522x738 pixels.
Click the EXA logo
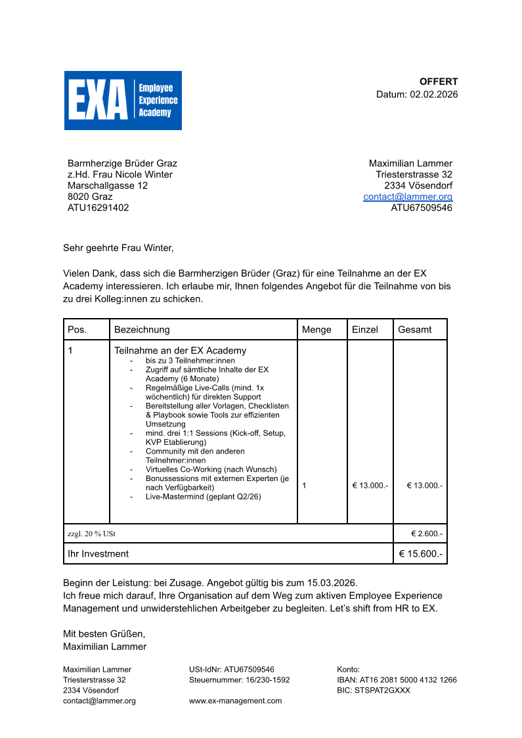[123, 101]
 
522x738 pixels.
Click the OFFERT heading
[439, 81]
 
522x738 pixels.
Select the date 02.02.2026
[434, 94]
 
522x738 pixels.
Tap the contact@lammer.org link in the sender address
[408, 196]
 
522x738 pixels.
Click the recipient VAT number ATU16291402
[98, 208]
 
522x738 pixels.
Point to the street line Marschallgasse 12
[108, 185]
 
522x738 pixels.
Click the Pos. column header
[77, 329]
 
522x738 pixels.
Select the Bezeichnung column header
[142, 329]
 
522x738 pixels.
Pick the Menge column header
[316, 329]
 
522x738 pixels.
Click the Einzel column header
[365, 329]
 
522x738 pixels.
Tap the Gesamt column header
[415, 329]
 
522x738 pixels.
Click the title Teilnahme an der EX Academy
[181, 350]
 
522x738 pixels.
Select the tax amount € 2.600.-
[427, 534]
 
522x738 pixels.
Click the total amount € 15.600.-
[421, 553]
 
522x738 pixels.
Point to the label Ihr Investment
[98, 553]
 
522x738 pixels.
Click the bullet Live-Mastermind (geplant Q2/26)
[203, 497]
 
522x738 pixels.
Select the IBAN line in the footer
[397, 680]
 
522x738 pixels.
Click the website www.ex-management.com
[235, 701]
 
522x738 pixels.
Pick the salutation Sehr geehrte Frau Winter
[118, 248]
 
